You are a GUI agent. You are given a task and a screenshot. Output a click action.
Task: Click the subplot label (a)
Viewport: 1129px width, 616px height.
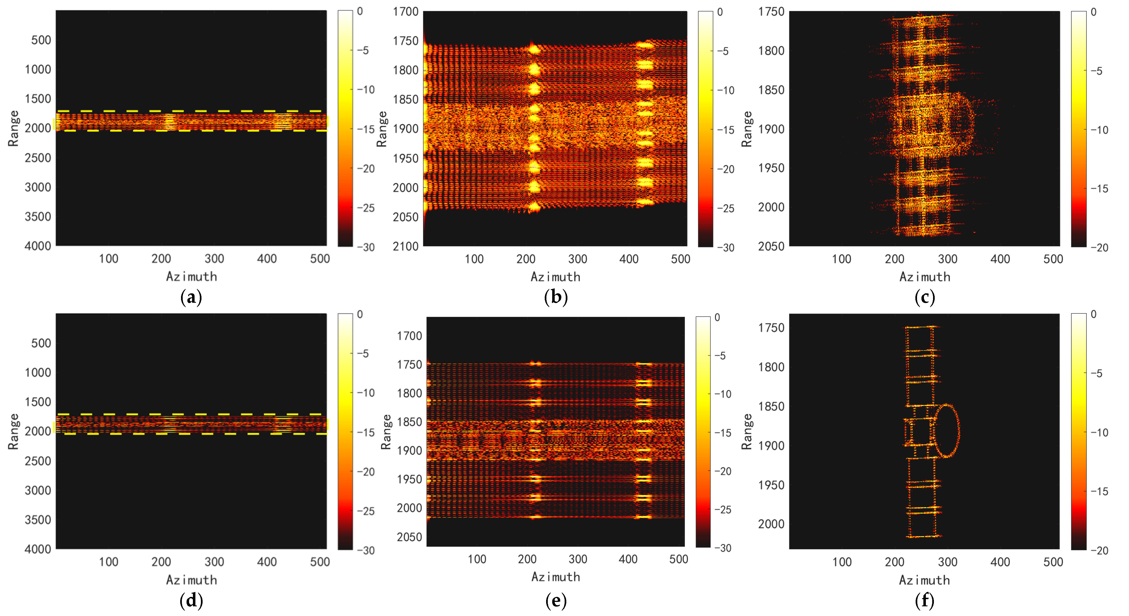pos(191,297)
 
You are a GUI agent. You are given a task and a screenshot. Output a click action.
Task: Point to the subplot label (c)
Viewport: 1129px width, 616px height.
pos(925,297)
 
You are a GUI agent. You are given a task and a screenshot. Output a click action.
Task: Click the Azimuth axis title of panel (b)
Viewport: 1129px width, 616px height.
pos(555,277)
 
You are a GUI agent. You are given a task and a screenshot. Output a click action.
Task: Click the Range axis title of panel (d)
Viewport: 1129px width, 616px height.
pos(13,431)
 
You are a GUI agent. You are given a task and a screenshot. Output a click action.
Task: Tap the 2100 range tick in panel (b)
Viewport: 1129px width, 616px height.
pos(405,246)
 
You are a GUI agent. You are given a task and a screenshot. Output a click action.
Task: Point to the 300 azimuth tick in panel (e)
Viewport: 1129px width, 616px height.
pos(578,559)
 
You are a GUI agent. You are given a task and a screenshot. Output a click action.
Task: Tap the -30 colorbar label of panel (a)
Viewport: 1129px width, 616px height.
pos(366,247)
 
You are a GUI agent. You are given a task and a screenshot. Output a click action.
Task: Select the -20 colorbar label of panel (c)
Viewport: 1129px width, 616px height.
pos(1099,247)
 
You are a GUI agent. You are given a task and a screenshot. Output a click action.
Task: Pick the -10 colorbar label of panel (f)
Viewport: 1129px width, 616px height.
pos(1099,432)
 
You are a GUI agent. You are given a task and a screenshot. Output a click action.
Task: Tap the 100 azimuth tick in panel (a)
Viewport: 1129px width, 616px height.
pos(108,258)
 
